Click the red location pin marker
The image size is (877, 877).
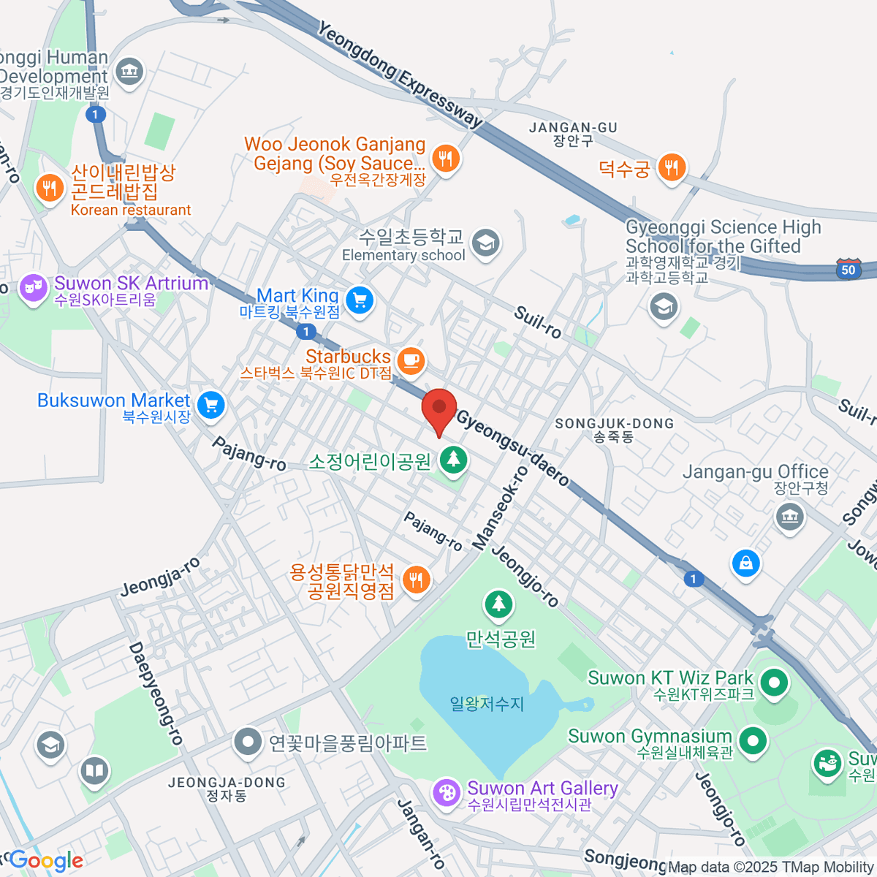click(439, 410)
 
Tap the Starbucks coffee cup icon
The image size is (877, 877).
click(411, 360)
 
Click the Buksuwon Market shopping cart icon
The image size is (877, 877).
click(210, 405)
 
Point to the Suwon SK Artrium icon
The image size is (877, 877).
click(34, 287)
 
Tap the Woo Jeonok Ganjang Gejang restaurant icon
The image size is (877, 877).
click(445, 158)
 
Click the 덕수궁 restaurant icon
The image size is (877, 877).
click(670, 169)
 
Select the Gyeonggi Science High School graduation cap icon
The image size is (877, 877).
click(663, 307)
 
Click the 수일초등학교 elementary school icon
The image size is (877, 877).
click(485, 244)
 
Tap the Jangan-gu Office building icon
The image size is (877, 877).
click(789, 517)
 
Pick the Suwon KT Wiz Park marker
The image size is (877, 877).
click(773, 684)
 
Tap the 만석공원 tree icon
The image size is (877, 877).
click(499, 604)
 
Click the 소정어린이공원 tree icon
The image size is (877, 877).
click(454, 460)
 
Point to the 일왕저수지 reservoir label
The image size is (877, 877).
click(487, 704)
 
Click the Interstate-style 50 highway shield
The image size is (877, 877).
click(848, 269)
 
